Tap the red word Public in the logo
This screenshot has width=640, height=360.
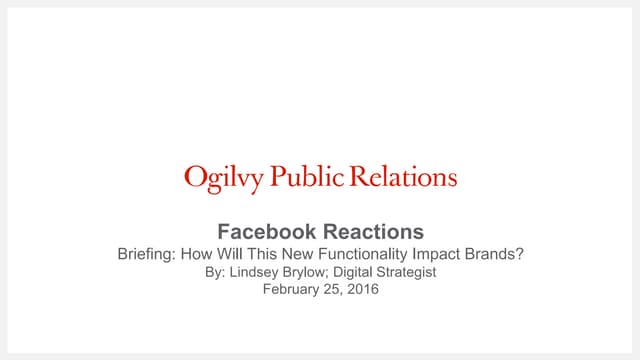(x=298, y=178)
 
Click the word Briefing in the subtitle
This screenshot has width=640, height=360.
(x=146, y=254)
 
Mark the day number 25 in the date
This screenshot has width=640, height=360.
(x=332, y=290)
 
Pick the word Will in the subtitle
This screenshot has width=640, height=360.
(x=231, y=254)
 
